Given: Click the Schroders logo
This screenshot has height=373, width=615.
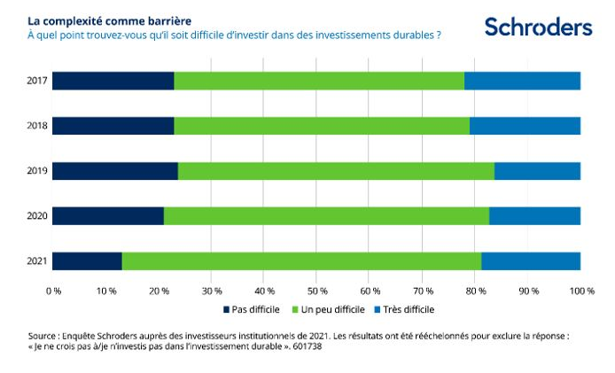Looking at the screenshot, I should click(x=538, y=27).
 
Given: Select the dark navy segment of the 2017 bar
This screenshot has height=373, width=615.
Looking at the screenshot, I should click(x=113, y=82).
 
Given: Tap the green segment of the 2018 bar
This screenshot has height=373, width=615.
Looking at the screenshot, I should click(x=321, y=126).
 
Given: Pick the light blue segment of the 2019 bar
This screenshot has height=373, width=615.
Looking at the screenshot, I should click(x=537, y=171).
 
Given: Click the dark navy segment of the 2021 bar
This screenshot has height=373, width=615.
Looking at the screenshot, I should click(x=87, y=260).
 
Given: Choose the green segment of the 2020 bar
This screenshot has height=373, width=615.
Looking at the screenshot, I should click(x=326, y=215).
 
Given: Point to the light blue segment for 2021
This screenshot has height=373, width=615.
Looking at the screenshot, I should click(x=531, y=260).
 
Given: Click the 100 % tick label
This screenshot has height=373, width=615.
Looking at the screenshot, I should click(x=581, y=291).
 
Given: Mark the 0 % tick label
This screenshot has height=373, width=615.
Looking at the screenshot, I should click(x=53, y=291).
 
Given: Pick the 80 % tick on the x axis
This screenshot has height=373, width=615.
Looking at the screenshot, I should click(x=475, y=291).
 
